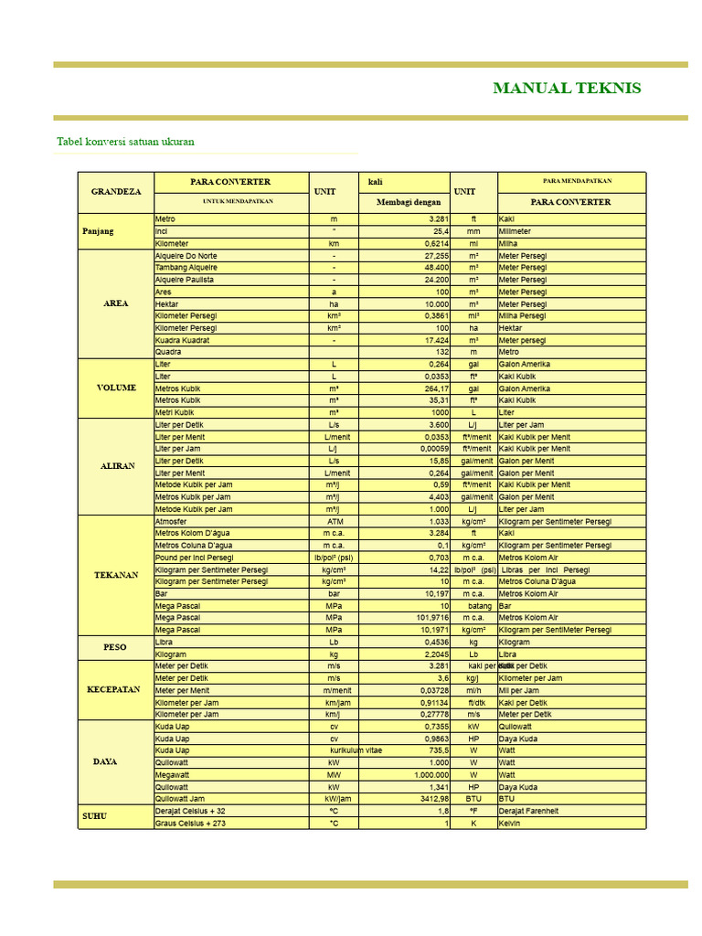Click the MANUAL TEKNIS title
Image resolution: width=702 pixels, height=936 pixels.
point(567,89)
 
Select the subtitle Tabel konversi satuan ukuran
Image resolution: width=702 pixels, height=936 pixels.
point(125,142)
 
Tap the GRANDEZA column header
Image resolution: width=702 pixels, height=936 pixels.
point(116,192)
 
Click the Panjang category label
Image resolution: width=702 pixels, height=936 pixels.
point(98,231)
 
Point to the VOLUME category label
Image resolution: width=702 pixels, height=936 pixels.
point(116,388)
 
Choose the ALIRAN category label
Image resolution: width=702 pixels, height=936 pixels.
point(117,466)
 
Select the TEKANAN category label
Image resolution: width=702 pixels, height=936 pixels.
point(116,575)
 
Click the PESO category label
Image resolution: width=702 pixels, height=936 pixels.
point(116,647)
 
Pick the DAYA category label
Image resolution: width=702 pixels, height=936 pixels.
point(105,761)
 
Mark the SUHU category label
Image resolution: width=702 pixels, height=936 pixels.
point(94,815)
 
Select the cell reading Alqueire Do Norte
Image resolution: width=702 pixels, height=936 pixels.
point(186,256)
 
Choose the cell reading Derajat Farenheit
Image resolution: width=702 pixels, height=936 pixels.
point(528,811)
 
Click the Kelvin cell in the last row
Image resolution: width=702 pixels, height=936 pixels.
point(509,823)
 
